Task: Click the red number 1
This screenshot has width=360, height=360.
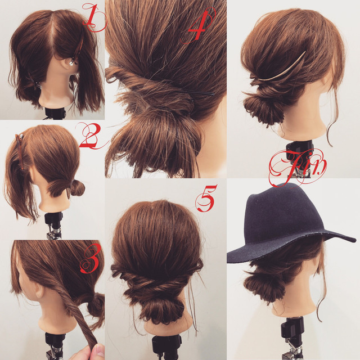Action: pos(93,17)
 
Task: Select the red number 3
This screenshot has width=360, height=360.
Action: pos(91,258)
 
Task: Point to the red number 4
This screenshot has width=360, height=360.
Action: pos(199,25)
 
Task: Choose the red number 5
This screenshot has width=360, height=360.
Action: pos(206,198)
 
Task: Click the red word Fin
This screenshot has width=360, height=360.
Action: pos(298,166)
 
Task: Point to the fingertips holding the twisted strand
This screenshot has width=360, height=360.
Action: pos(94,352)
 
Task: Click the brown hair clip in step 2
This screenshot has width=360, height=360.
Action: pos(20,151)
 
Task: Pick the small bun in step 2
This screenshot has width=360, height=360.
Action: pos(78,188)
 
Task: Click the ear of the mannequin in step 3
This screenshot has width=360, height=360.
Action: pos(39,292)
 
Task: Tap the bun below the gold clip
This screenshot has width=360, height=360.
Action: pos(262,107)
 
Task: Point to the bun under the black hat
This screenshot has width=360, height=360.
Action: pos(262,286)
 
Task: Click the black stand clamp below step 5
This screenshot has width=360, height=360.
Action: pos(166,347)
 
